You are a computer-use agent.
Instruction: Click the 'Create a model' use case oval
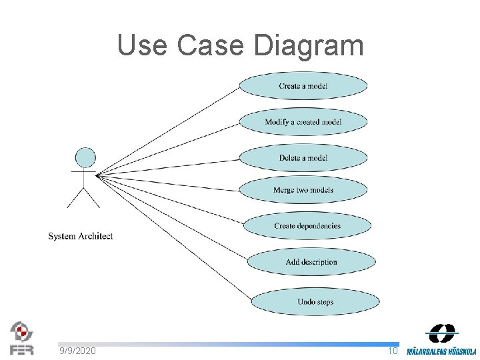(303, 86)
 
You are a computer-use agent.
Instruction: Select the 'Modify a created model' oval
(303, 122)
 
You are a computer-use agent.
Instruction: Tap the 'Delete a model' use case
(303, 158)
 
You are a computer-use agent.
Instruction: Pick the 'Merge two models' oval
(303, 190)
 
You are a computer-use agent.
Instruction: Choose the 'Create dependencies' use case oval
(307, 226)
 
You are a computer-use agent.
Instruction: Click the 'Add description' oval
(311, 262)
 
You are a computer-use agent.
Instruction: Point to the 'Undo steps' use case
(315, 302)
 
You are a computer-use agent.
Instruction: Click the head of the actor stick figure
(85, 157)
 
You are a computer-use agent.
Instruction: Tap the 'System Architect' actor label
(81, 236)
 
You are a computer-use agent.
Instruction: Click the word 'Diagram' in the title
(309, 45)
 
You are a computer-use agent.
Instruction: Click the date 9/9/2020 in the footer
(77, 351)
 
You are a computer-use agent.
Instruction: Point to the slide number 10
(393, 351)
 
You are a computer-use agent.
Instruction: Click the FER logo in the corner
(22, 338)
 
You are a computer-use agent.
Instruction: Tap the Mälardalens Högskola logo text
(441, 351)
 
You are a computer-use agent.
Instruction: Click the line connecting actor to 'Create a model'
(167, 131)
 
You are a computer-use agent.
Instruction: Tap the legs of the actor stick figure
(84, 197)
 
